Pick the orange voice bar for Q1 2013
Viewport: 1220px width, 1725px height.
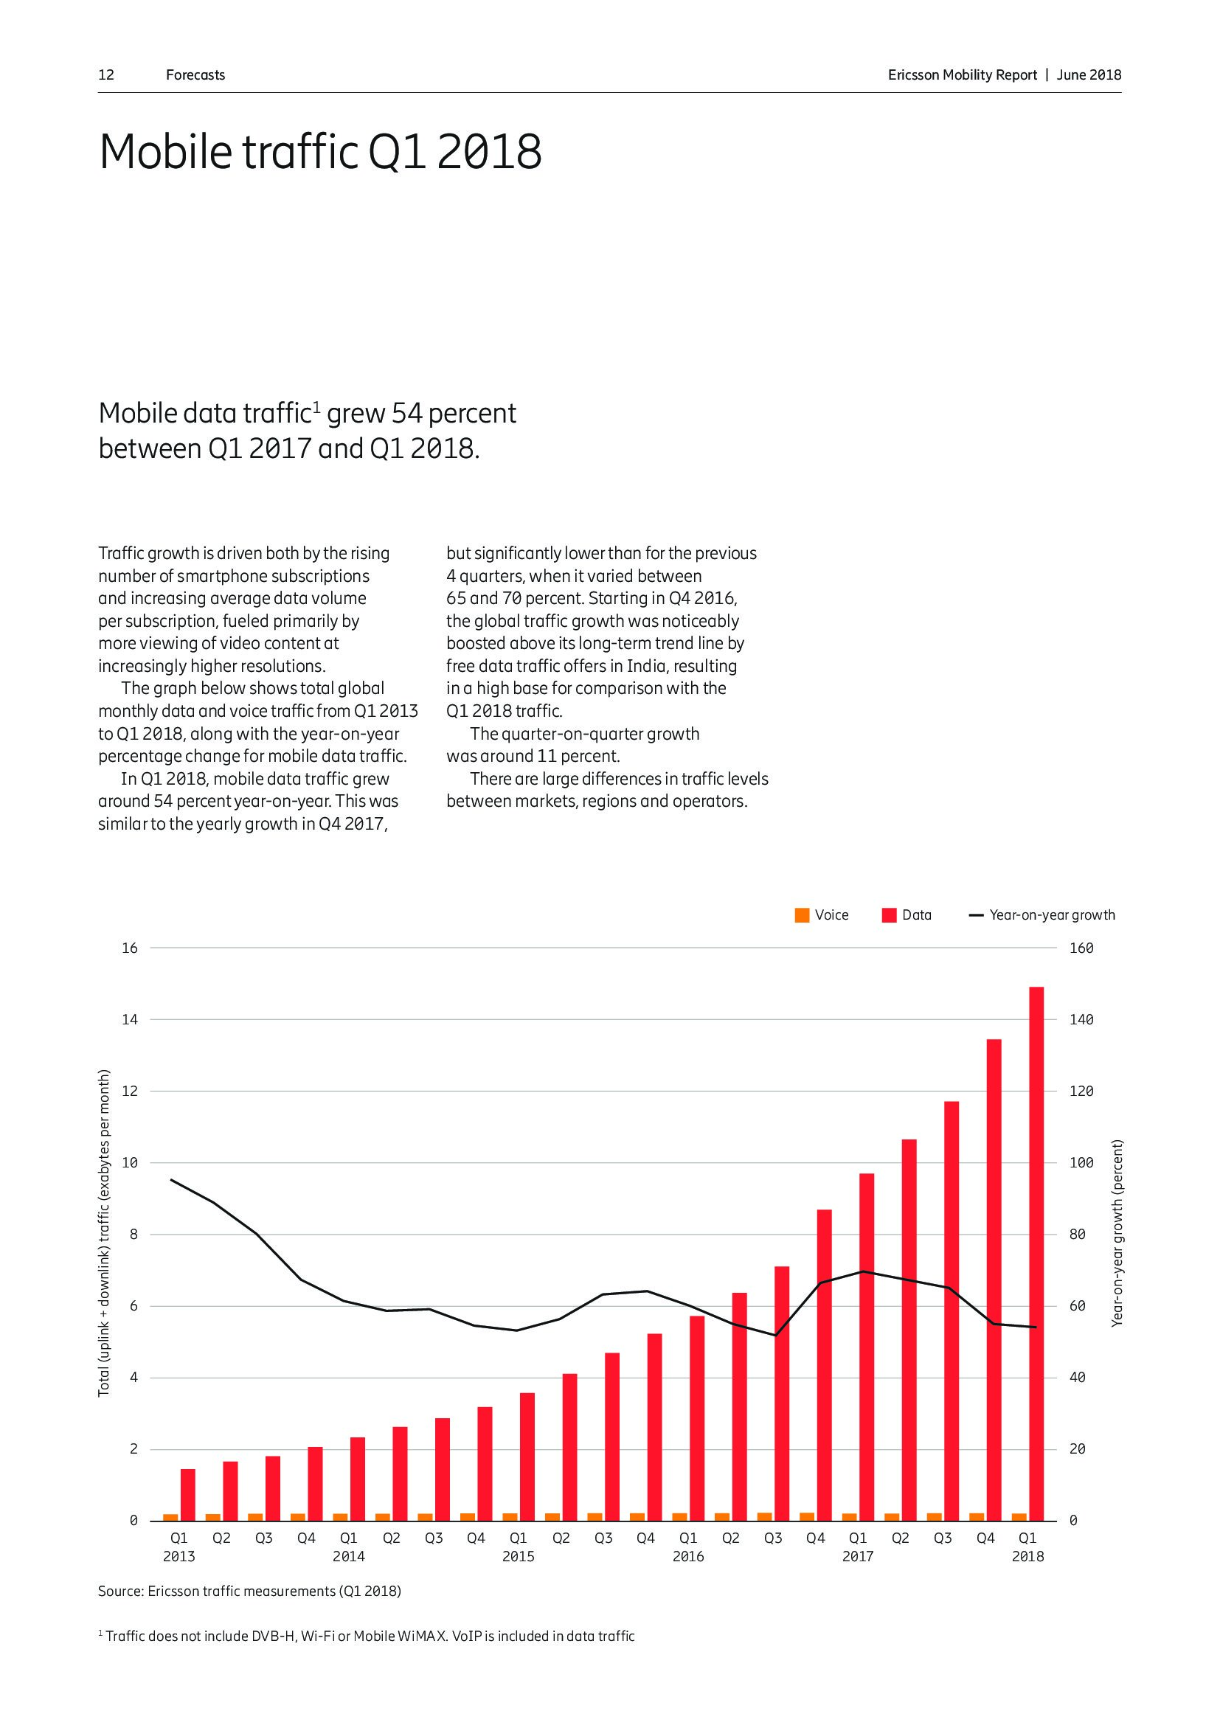tap(170, 1517)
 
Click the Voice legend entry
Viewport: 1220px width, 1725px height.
tap(822, 915)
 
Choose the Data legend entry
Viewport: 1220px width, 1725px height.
tap(907, 915)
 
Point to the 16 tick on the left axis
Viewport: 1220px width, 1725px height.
tap(130, 948)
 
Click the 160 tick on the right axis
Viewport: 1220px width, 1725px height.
tap(1081, 948)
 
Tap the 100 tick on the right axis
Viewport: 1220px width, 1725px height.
tap(1081, 1163)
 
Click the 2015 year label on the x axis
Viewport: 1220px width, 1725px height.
tap(519, 1557)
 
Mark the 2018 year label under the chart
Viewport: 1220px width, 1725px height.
tap(1027, 1557)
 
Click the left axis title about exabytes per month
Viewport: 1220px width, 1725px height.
tap(105, 1232)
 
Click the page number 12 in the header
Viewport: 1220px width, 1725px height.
tap(106, 75)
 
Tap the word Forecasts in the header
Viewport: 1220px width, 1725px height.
tap(195, 75)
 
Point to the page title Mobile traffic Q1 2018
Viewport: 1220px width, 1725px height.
tap(320, 152)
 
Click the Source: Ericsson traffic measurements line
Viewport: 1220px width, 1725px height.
tap(249, 1592)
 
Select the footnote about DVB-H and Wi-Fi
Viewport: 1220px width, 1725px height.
tap(367, 1637)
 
